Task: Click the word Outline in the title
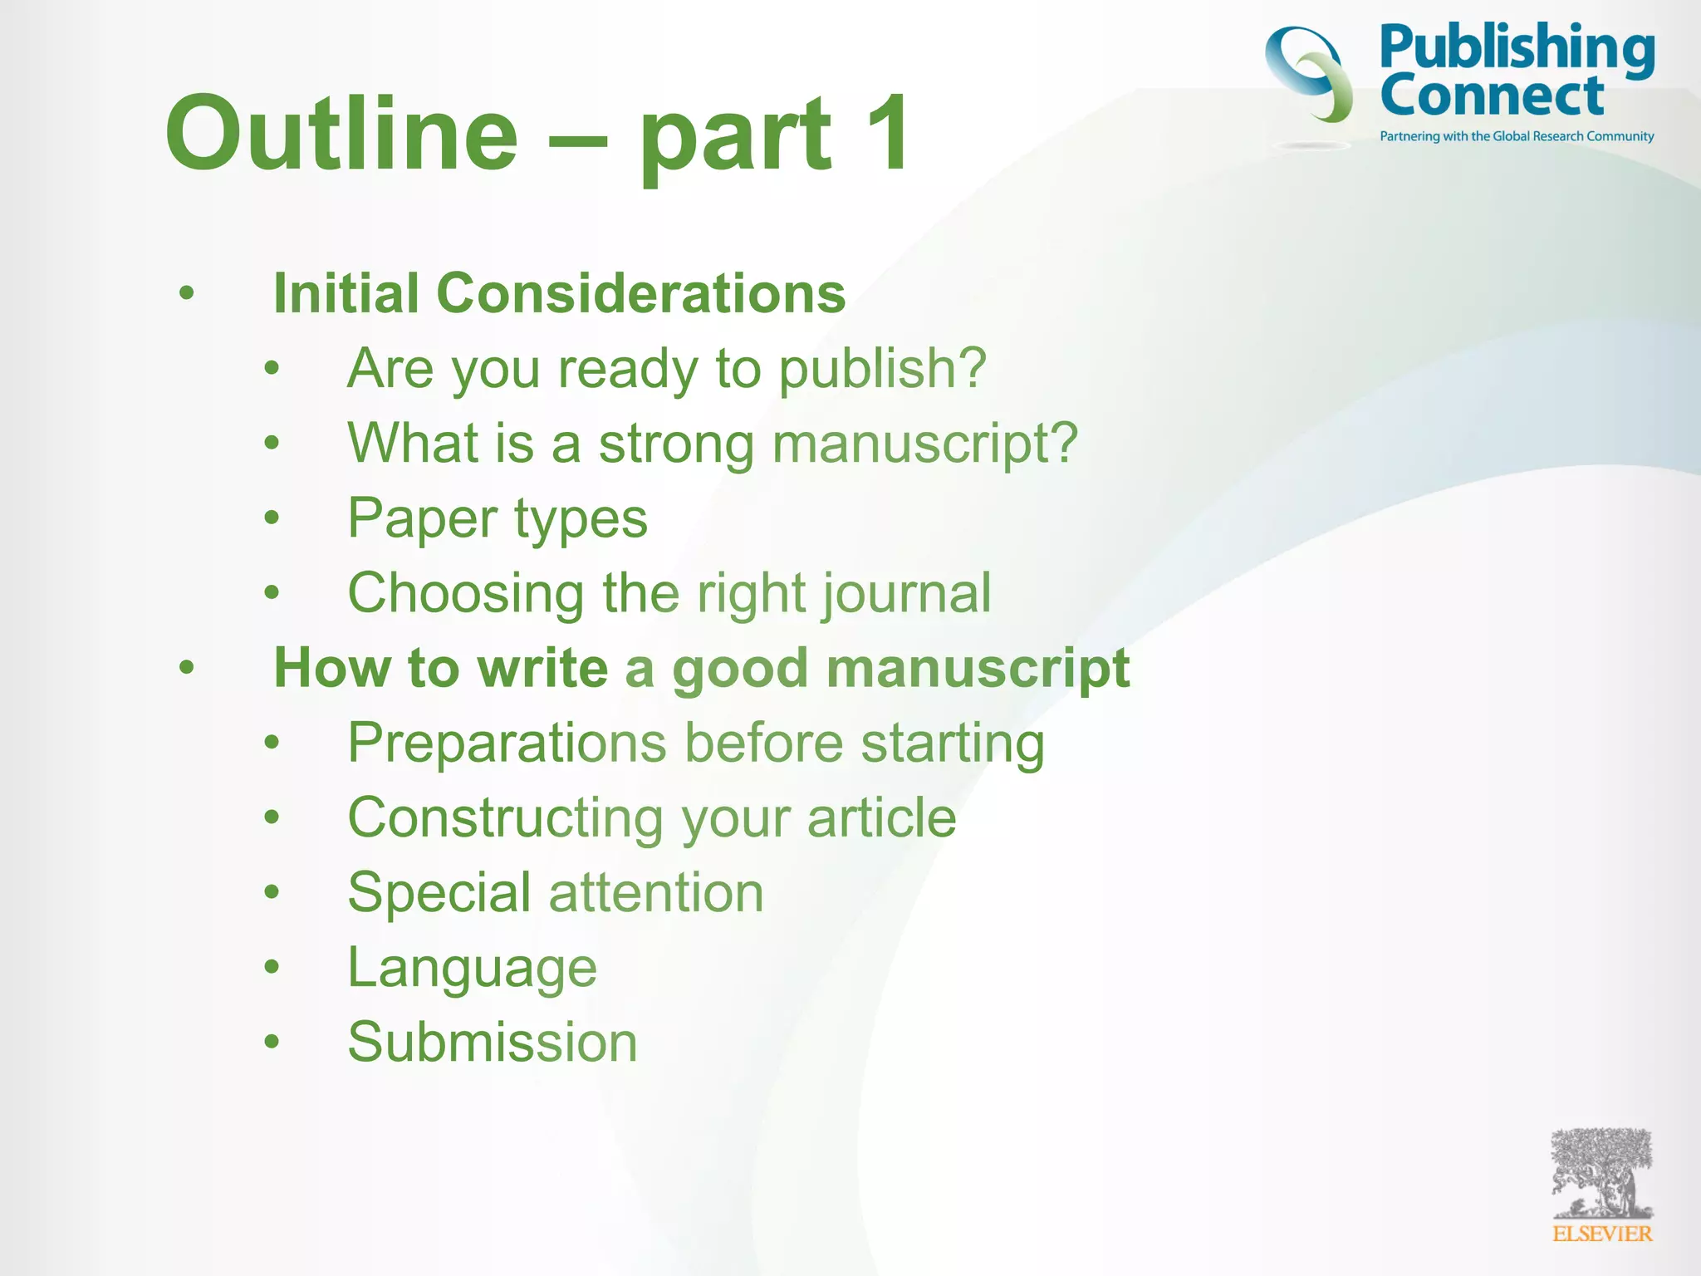point(341,133)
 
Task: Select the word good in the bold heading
point(739,669)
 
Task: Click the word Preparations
point(507,743)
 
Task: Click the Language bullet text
point(472,968)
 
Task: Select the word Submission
point(493,1043)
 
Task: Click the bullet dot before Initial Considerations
point(187,293)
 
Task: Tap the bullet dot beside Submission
point(272,1042)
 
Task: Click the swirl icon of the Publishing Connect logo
point(1309,75)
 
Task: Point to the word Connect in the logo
point(1492,96)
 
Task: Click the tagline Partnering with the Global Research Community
point(1517,136)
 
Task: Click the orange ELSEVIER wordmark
point(1602,1234)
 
